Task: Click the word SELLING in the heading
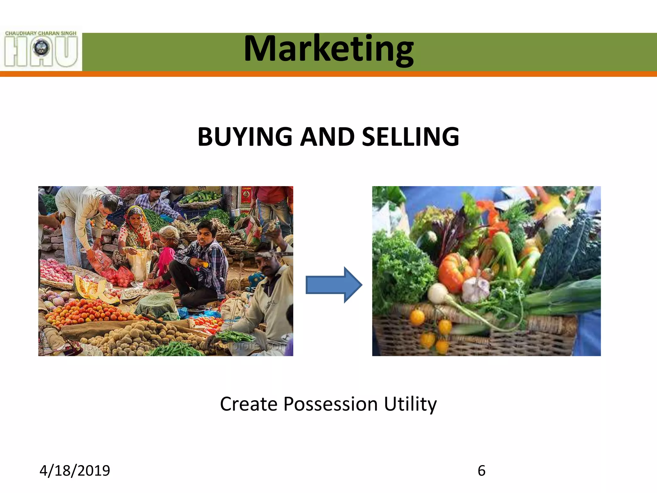pyautogui.click(x=410, y=137)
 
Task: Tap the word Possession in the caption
pyautogui.click(x=330, y=404)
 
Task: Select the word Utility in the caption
pyautogui.click(x=410, y=404)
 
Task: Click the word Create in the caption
pyautogui.click(x=249, y=404)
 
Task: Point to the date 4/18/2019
pyautogui.click(x=75, y=471)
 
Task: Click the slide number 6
pyautogui.click(x=482, y=471)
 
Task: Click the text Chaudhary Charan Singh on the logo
pyautogui.click(x=41, y=33)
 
